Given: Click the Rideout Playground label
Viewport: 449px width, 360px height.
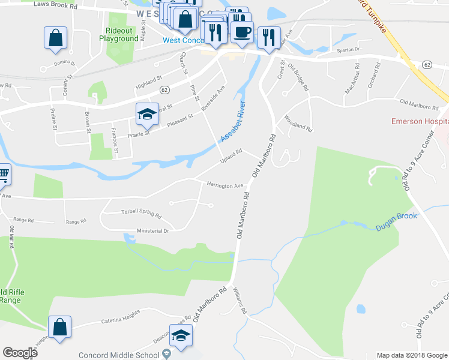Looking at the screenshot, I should click(122, 34).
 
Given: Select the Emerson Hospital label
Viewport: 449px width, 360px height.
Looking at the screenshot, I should click(420, 121).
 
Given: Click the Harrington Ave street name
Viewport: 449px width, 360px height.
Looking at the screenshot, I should click(224, 185).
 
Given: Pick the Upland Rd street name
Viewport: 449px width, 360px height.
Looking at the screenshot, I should click(231, 158).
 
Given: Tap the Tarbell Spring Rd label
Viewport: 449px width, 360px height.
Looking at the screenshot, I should click(142, 213).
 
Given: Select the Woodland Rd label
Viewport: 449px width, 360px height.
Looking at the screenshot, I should click(298, 123).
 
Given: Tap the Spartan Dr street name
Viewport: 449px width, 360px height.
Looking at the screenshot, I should click(348, 50).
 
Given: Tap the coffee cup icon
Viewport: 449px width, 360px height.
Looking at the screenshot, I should click(242, 32).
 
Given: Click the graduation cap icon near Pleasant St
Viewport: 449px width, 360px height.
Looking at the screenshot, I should click(146, 113).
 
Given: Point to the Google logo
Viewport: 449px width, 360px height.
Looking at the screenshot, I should click(20, 353).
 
